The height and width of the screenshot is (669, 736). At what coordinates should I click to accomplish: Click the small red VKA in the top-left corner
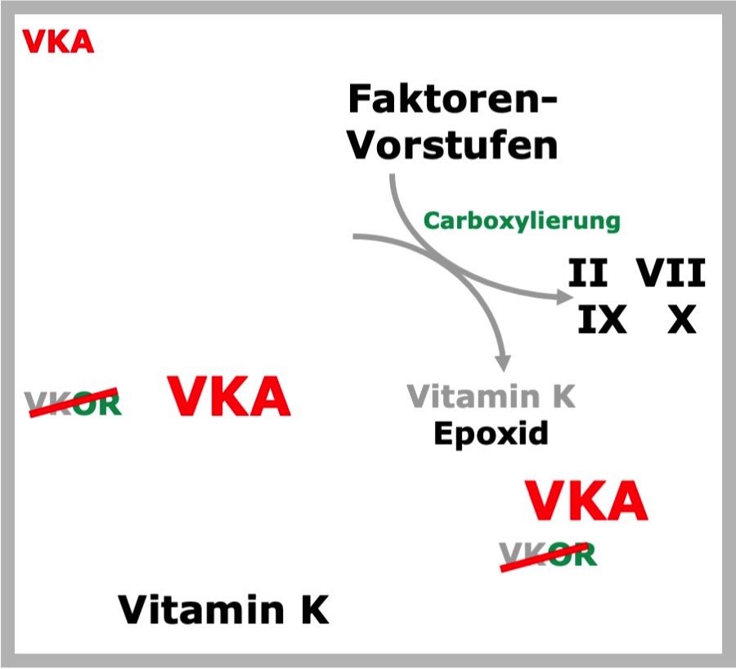tap(58, 42)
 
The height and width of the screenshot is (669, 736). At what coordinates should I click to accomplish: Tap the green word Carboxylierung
tap(522, 221)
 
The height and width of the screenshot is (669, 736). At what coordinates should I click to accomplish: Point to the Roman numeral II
tap(588, 272)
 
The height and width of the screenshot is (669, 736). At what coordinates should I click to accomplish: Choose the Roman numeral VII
tap(671, 272)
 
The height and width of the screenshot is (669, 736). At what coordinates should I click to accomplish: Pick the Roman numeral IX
tap(602, 319)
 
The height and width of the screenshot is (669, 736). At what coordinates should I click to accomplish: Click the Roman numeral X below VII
tap(681, 319)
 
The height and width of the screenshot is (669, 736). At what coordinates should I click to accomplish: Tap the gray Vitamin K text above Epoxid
tap(491, 397)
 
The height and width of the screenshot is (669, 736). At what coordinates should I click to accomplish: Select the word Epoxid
tap(491, 433)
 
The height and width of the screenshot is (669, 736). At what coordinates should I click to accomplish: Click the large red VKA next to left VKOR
tap(229, 396)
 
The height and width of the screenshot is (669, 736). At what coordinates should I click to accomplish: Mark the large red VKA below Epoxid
tap(586, 500)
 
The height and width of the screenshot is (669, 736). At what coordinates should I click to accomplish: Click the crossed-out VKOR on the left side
tap(74, 403)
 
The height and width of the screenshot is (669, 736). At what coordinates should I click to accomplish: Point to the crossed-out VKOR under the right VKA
tap(548, 557)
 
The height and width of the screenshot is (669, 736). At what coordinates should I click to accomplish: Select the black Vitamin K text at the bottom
tap(223, 609)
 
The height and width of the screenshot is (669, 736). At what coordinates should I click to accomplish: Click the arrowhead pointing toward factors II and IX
tap(565, 297)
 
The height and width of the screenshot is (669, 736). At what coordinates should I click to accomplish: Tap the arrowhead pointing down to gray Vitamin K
tap(503, 363)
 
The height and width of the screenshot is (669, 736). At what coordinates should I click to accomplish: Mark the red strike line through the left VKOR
tap(74, 403)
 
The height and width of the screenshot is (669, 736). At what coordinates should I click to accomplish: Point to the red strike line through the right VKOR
tap(545, 557)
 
